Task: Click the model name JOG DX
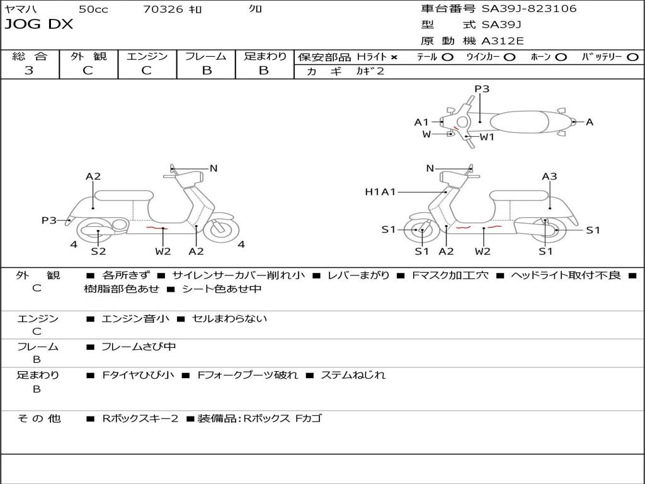(x=39, y=25)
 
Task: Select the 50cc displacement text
(x=93, y=9)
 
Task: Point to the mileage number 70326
(x=163, y=9)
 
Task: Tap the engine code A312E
(x=502, y=42)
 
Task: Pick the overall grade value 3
(x=29, y=71)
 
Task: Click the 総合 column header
(x=30, y=56)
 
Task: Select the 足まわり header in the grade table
(x=265, y=56)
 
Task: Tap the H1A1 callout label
(x=380, y=192)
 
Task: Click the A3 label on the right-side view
(x=549, y=176)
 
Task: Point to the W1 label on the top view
(x=487, y=137)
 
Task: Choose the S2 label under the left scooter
(x=98, y=251)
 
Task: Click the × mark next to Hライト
(x=394, y=57)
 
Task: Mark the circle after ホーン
(x=561, y=57)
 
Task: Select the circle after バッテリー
(x=632, y=57)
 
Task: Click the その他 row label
(x=38, y=418)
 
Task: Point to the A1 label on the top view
(x=421, y=122)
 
